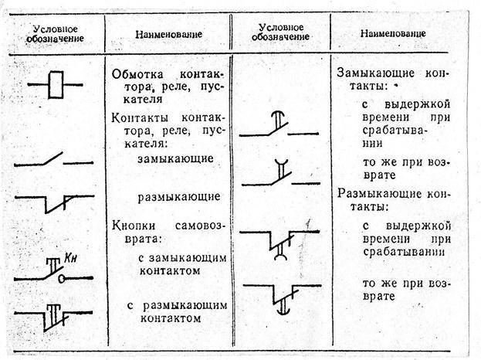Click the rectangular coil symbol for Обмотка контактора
point(56,85)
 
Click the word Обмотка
point(137,75)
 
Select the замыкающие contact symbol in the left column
point(54,160)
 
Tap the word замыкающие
point(175,158)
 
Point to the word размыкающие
point(179,197)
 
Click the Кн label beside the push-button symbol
point(70,258)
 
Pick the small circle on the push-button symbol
point(62,279)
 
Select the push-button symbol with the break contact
point(53,318)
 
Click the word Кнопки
point(134,226)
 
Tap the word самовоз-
point(200,226)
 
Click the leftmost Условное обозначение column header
point(56,34)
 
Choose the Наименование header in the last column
point(393,33)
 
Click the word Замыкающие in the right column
point(375,73)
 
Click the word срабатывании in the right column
point(404,252)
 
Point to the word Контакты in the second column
point(141,118)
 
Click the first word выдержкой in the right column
point(417,104)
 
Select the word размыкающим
point(185,306)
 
